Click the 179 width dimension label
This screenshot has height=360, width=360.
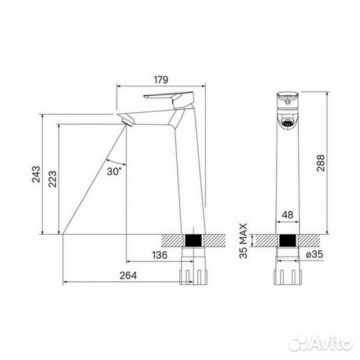pyautogui.click(x=161, y=80)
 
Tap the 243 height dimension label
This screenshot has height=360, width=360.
pyautogui.click(x=36, y=174)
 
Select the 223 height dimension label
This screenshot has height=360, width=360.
pyautogui.click(x=53, y=179)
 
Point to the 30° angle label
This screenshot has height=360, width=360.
pyautogui.click(x=114, y=171)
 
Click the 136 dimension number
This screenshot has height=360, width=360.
pyautogui.click(x=160, y=255)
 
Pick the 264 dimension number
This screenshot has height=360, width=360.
pyautogui.click(x=128, y=275)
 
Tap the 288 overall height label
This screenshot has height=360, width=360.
pyautogui.click(x=321, y=163)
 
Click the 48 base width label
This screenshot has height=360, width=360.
pyautogui.click(x=287, y=215)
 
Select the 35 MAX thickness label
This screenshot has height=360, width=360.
pyautogui.click(x=243, y=241)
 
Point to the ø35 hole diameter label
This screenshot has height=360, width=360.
pyautogui.click(x=315, y=254)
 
